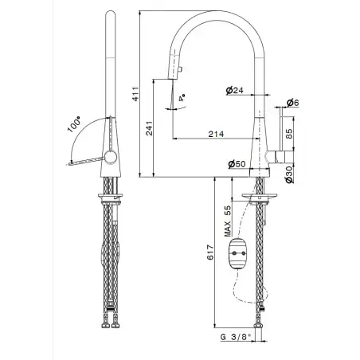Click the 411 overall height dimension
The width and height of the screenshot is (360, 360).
[135, 94]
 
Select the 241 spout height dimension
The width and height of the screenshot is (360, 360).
[150, 128]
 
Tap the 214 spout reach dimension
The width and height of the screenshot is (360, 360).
[216, 134]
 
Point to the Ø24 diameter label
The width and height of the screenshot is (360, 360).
[235, 91]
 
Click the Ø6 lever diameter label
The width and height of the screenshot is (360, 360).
[293, 103]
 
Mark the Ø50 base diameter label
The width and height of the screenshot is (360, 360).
[237, 164]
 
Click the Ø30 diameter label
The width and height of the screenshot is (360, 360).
[289, 174]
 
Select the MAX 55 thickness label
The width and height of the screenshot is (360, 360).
[228, 221]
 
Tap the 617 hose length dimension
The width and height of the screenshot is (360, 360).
[210, 252]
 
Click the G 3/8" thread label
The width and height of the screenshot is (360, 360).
[236, 337]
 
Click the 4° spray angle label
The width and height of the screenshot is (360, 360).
[182, 98]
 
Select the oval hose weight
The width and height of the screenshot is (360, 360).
[237, 254]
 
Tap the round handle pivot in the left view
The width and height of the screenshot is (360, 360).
[110, 157]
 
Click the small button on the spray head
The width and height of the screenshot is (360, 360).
[180, 69]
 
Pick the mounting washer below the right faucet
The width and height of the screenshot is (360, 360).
[260, 197]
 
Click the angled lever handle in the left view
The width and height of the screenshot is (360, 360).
[87, 161]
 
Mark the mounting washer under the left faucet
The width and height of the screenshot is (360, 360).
[111, 197]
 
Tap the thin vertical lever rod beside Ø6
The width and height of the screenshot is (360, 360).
[281, 129]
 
